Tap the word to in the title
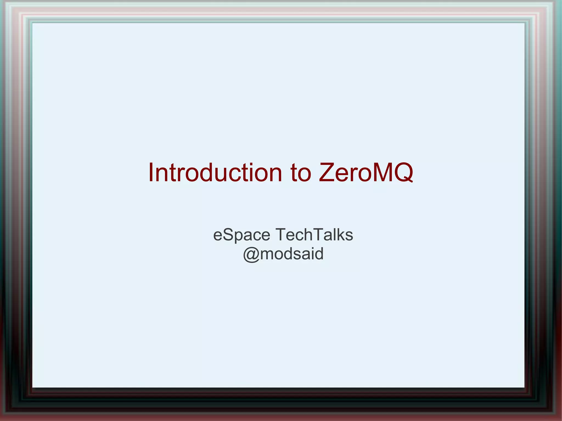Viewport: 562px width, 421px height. point(301,173)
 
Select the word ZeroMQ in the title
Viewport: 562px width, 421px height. point(366,173)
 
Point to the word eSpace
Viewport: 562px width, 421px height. point(241,235)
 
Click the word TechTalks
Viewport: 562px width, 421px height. point(314,235)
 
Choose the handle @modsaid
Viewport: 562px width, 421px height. point(283,254)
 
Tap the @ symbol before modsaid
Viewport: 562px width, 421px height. point(251,254)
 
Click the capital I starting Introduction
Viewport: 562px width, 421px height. point(151,173)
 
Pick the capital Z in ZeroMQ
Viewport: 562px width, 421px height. point(327,173)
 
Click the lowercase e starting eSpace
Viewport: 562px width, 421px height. point(218,236)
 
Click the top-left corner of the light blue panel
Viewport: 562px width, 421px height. point(33,23)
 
